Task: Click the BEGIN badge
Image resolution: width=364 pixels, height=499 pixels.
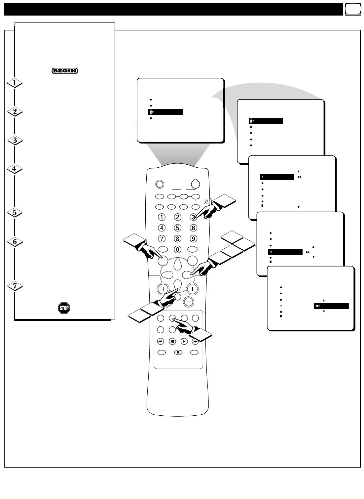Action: pos(65,70)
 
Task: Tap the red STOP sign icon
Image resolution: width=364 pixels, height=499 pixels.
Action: pos(64,308)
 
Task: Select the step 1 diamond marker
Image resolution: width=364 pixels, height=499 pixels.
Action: pos(15,83)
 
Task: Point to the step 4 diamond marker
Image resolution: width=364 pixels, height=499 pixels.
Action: pos(15,169)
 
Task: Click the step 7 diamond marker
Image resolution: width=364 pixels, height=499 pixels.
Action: pos(15,286)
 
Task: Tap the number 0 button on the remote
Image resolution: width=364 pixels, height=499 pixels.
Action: pos(178,249)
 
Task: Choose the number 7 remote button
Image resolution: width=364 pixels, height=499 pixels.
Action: pos(162,238)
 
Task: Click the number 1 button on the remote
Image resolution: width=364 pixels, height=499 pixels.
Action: pos(162,217)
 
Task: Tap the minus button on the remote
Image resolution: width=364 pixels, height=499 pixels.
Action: pos(189,302)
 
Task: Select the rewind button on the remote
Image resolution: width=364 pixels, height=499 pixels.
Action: pos(161,341)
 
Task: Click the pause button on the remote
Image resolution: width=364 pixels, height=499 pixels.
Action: pos(178,353)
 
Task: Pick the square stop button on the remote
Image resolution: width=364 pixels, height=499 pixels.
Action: pos(172,341)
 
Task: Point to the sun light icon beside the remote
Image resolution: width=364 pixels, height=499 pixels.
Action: pos(206,201)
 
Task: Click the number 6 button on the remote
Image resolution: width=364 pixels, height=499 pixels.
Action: pos(194,228)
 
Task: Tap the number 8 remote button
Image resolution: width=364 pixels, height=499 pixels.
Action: pos(178,238)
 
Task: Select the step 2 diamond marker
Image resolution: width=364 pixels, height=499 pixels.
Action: pos(15,112)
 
